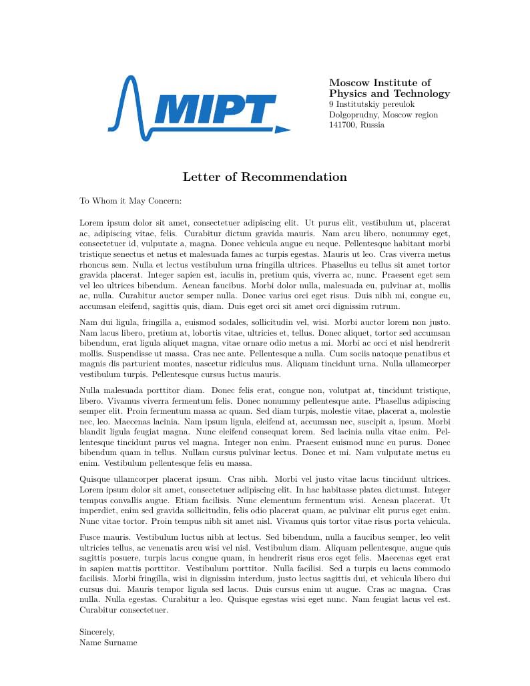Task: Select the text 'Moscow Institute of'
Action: [x=380, y=82]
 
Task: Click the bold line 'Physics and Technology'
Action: [x=389, y=93]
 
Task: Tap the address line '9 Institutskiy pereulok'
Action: [x=372, y=104]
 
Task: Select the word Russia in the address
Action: [x=372, y=125]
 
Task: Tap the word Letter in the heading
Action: [x=202, y=177]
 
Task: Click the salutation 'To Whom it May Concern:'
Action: [x=131, y=201]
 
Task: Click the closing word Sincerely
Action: [x=97, y=631]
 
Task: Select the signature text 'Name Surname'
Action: [x=108, y=642]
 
